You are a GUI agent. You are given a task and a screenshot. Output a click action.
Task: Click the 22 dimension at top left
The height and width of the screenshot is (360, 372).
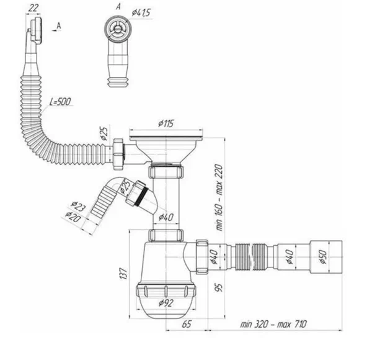pos(33,8)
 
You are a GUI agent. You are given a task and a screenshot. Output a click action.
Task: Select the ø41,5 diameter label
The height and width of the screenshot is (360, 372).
pos(141,12)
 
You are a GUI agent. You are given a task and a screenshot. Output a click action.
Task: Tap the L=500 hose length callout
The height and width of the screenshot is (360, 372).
pos(60,102)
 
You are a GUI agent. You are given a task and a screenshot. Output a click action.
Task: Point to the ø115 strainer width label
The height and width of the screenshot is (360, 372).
pos(166,124)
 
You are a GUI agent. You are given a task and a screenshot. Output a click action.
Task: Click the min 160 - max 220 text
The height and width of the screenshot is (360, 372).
pos(219,197)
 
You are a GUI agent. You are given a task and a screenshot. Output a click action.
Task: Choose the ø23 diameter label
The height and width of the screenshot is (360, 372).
pos(78,206)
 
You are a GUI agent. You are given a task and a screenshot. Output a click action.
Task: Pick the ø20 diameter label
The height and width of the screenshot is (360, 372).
pos(73,217)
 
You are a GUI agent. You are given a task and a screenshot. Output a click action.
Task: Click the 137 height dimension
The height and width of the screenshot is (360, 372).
pos(123,273)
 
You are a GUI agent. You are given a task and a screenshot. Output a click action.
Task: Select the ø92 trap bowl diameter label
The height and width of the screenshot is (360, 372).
pos(166,303)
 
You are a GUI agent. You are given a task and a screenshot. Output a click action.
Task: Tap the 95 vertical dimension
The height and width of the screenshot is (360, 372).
pos(219,287)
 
